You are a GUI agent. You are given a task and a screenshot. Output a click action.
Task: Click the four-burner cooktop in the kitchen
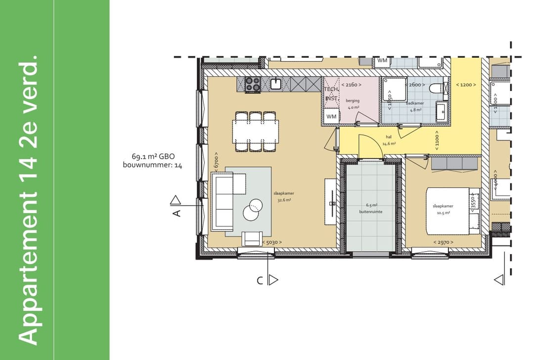pyautogui.click(x=253, y=84)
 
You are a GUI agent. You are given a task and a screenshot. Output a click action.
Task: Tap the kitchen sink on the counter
pyautogui.click(x=276, y=84)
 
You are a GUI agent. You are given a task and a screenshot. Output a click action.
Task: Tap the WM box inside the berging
pyautogui.click(x=331, y=117)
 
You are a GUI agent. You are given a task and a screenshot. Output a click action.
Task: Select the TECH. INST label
pyautogui.click(x=331, y=93)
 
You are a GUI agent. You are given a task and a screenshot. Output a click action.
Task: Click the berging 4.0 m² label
pyautogui.click(x=353, y=103)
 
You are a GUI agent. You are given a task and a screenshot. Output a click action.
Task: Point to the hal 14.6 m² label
pyautogui.click(x=389, y=141)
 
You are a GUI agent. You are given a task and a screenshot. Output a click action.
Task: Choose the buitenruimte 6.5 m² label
pyautogui.click(x=371, y=208)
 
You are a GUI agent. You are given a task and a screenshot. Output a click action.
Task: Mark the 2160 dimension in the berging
pyautogui.click(x=352, y=85)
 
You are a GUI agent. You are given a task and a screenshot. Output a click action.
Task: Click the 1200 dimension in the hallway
pyautogui.click(x=466, y=85)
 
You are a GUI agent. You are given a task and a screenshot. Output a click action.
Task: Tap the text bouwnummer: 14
pyautogui.click(x=152, y=166)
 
